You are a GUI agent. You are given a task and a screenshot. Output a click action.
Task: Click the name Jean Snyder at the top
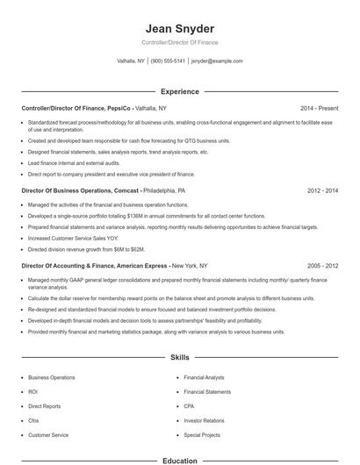(179, 28)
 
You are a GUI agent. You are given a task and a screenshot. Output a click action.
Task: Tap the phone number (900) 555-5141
(168, 61)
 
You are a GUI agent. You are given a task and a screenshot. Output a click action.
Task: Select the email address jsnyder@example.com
(217, 61)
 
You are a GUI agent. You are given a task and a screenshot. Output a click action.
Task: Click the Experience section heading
(179, 91)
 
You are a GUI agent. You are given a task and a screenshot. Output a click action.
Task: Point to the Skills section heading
(179, 358)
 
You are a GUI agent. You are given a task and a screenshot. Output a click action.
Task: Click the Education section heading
(179, 460)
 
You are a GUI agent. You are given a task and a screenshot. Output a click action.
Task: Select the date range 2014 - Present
(319, 108)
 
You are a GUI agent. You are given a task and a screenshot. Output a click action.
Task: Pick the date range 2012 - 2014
(322, 190)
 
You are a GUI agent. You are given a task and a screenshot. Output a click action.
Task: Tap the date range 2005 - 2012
(322, 264)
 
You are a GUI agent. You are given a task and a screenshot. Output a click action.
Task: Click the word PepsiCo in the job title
(119, 108)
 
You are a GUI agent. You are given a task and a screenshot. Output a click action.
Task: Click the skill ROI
(32, 391)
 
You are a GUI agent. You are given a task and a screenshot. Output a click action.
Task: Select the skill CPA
(189, 405)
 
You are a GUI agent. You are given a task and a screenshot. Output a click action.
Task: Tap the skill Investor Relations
(204, 419)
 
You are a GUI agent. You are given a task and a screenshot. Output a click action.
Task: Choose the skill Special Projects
(202, 434)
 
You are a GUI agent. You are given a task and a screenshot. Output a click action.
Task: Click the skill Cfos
(34, 419)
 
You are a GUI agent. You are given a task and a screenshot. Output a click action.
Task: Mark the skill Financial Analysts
(205, 377)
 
